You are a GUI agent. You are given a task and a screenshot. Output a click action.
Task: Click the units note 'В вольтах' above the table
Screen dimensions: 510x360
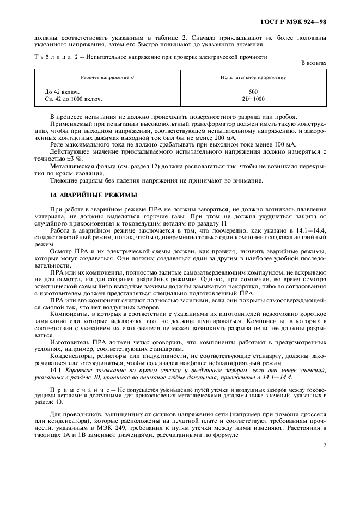(x=314, y=63)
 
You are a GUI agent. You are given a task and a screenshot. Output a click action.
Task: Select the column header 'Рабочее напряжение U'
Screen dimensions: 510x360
(x=108, y=77)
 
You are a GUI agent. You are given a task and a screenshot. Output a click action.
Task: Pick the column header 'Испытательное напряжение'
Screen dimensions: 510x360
(x=253, y=77)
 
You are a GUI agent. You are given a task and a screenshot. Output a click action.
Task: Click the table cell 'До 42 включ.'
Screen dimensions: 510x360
(x=63, y=92)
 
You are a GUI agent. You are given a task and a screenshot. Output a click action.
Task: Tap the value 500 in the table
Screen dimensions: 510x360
(x=253, y=92)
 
